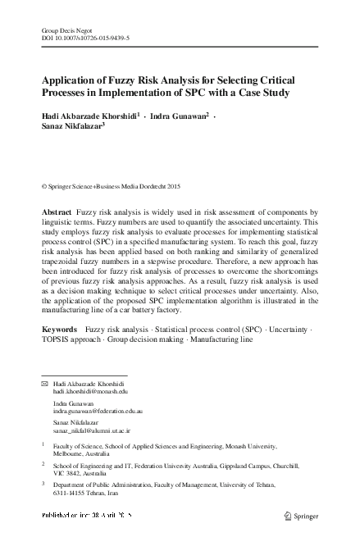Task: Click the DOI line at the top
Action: tap(86, 38)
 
